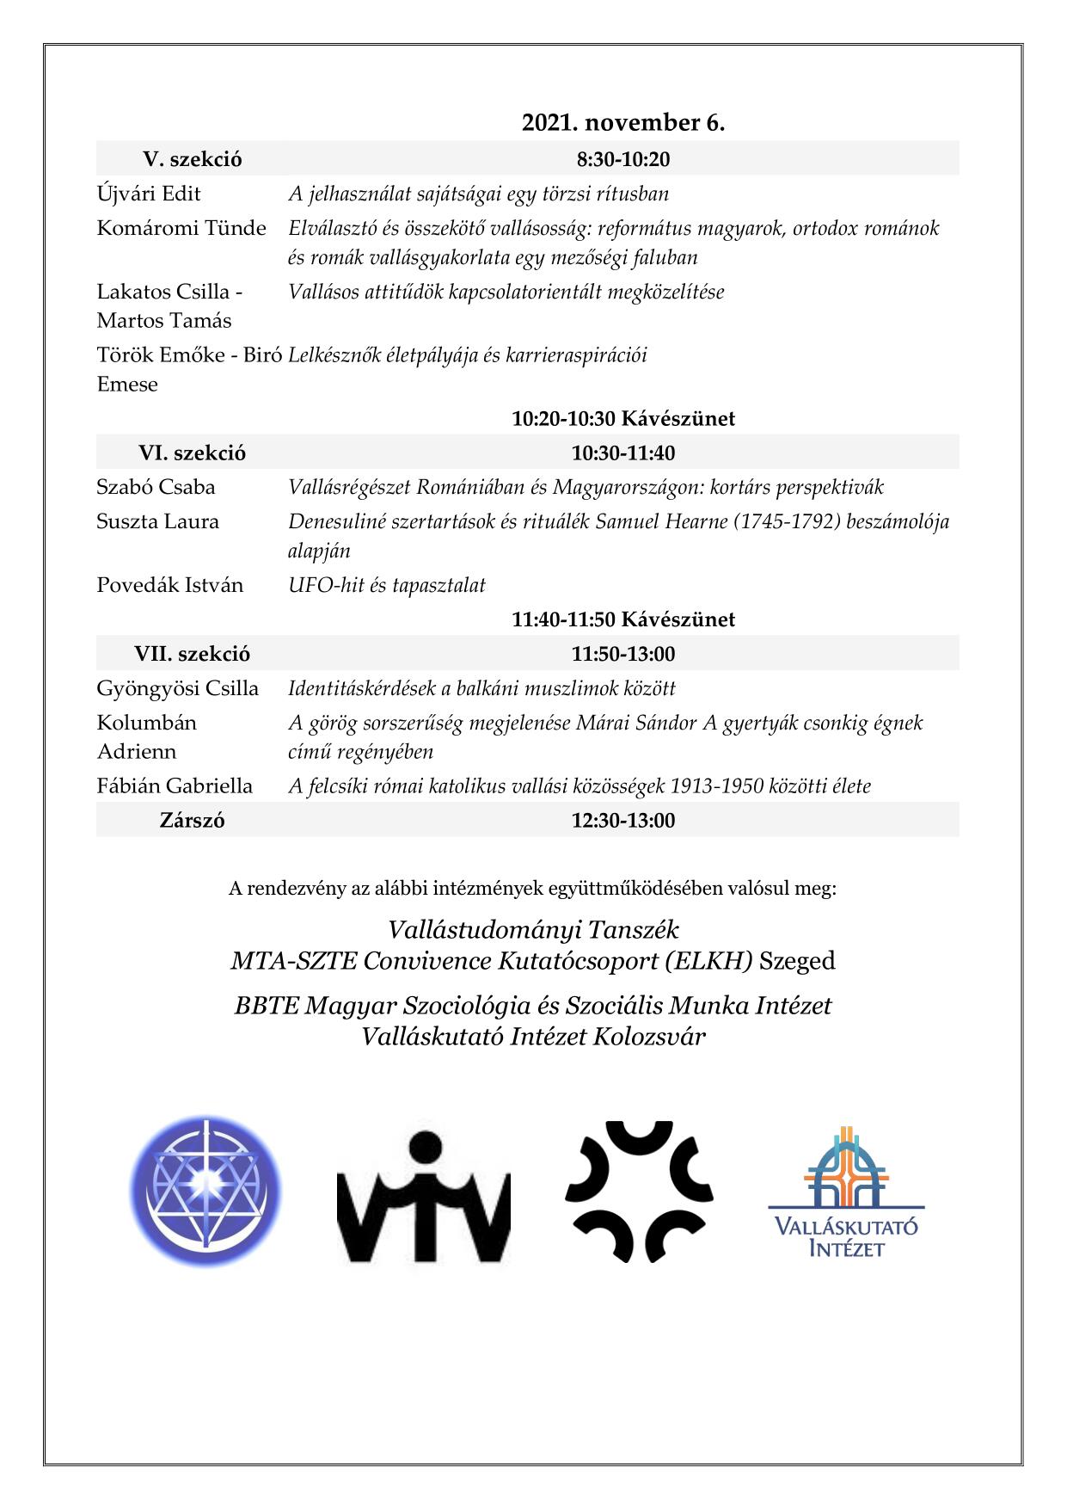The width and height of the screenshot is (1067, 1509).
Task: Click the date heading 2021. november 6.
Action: pos(623,123)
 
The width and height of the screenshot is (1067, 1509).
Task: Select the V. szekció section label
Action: pos(192,159)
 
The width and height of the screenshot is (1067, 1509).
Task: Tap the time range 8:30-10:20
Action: pos(623,159)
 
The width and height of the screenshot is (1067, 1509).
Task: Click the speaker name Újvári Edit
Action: pos(149,194)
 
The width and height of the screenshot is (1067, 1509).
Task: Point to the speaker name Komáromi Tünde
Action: pos(181,228)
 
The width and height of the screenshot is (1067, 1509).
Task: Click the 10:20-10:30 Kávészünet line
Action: pos(623,419)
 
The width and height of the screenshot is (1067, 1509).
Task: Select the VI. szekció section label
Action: pos(192,453)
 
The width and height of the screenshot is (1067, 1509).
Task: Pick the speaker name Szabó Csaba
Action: pos(156,487)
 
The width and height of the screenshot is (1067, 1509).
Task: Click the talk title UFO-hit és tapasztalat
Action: pos(387,586)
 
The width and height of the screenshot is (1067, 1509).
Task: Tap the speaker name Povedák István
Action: pos(169,585)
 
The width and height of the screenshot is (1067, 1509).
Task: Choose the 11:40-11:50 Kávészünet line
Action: pos(623,619)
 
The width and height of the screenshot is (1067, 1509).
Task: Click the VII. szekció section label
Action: pos(192,654)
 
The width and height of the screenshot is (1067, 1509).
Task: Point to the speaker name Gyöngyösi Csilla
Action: pos(177,688)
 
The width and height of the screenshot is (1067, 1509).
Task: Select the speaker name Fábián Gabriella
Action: pos(175,785)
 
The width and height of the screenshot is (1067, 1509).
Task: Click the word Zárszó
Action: pos(192,820)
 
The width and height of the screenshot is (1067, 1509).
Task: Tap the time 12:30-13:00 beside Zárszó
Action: pos(623,820)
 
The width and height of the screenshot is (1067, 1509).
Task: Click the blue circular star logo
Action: pos(207,1192)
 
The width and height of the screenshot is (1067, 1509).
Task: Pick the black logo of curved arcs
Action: pos(639,1192)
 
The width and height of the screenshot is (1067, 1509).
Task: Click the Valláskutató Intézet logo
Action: pos(847,1192)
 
